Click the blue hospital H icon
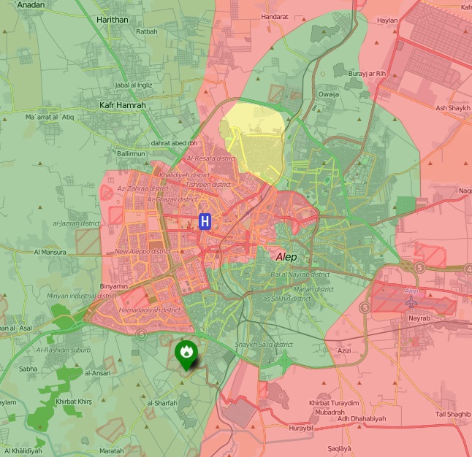[x=205, y=220]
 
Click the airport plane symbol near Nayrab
[x=411, y=301]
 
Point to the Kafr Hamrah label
[x=122, y=105]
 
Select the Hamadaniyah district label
[x=149, y=310]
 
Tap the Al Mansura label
[x=50, y=252]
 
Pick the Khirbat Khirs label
[x=73, y=402]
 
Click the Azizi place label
[x=345, y=351]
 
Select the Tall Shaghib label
[x=453, y=414]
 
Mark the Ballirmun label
[x=132, y=154]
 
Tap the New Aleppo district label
[x=142, y=252]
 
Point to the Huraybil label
[x=301, y=429]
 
